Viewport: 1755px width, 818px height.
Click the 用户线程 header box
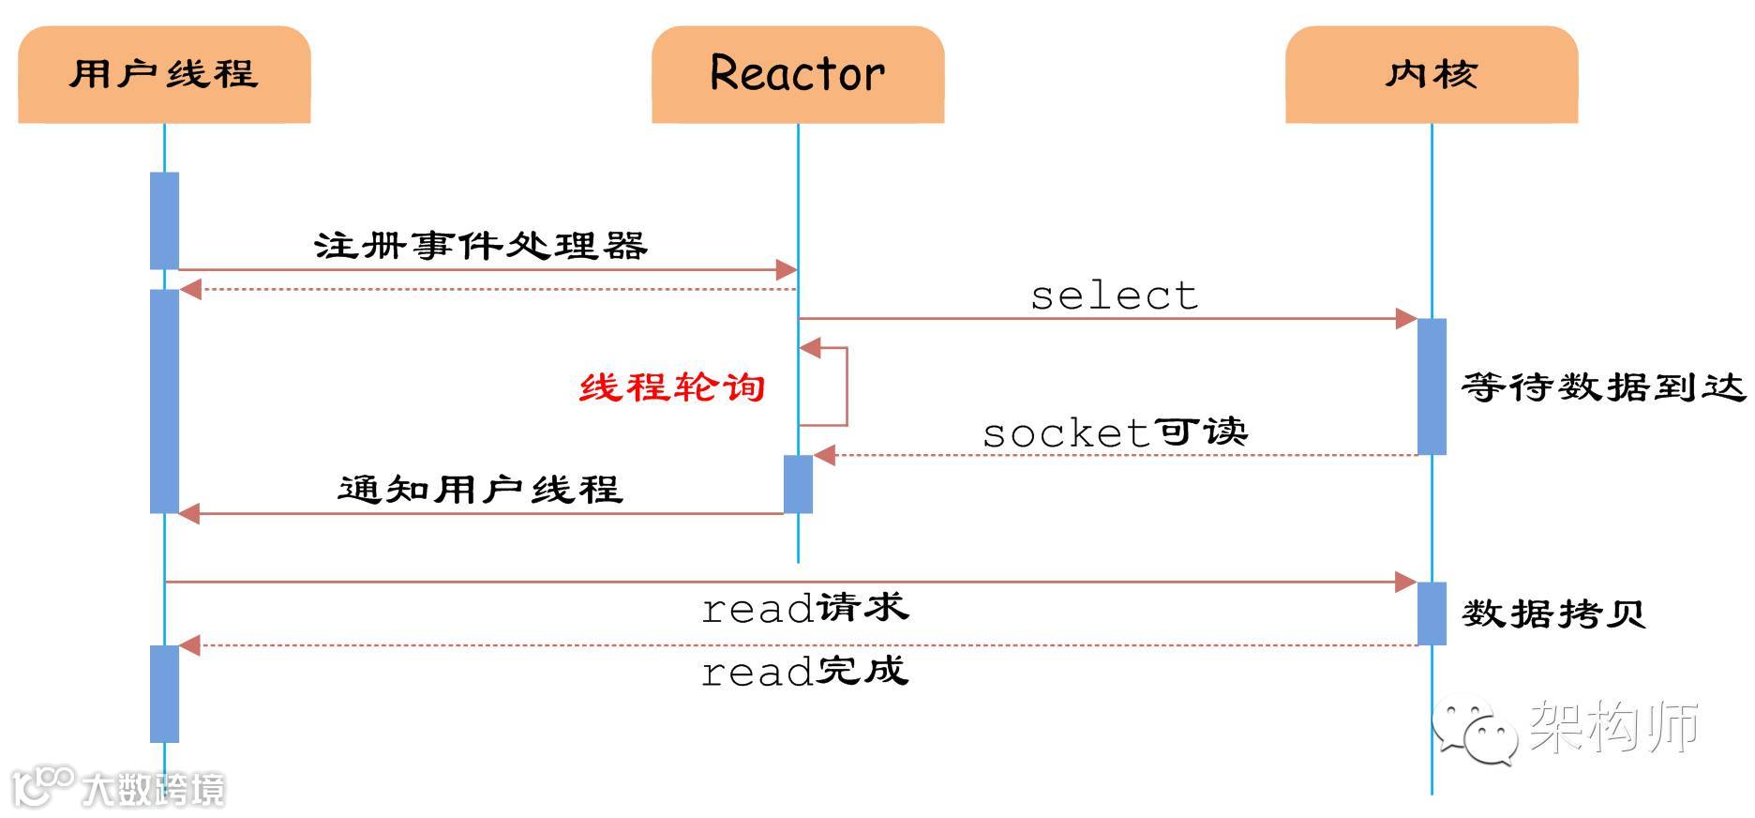(x=164, y=74)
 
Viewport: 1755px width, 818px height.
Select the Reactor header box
(x=798, y=74)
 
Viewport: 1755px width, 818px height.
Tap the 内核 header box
(x=1432, y=74)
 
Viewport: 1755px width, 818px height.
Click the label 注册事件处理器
(x=480, y=246)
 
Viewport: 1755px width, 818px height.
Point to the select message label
(x=1114, y=295)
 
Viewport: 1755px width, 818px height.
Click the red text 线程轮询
(x=672, y=386)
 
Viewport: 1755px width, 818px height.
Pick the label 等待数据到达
(x=1603, y=386)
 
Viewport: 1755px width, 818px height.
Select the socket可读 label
(x=1115, y=432)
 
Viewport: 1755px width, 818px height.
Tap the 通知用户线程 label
(x=480, y=489)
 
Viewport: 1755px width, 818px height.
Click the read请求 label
(x=805, y=608)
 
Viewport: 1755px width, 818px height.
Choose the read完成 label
(x=805, y=671)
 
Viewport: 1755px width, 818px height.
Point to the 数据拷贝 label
(x=1553, y=613)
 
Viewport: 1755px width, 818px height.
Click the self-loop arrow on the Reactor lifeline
(x=824, y=386)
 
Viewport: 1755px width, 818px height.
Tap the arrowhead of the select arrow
(x=1406, y=319)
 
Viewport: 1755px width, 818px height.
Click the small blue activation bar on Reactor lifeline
(x=798, y=484)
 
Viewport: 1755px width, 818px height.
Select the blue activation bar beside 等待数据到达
(x=1432, y=386)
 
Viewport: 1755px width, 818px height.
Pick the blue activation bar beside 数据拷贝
(x=1432, y=613)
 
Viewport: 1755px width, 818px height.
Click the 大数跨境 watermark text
(x=154, y=789)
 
